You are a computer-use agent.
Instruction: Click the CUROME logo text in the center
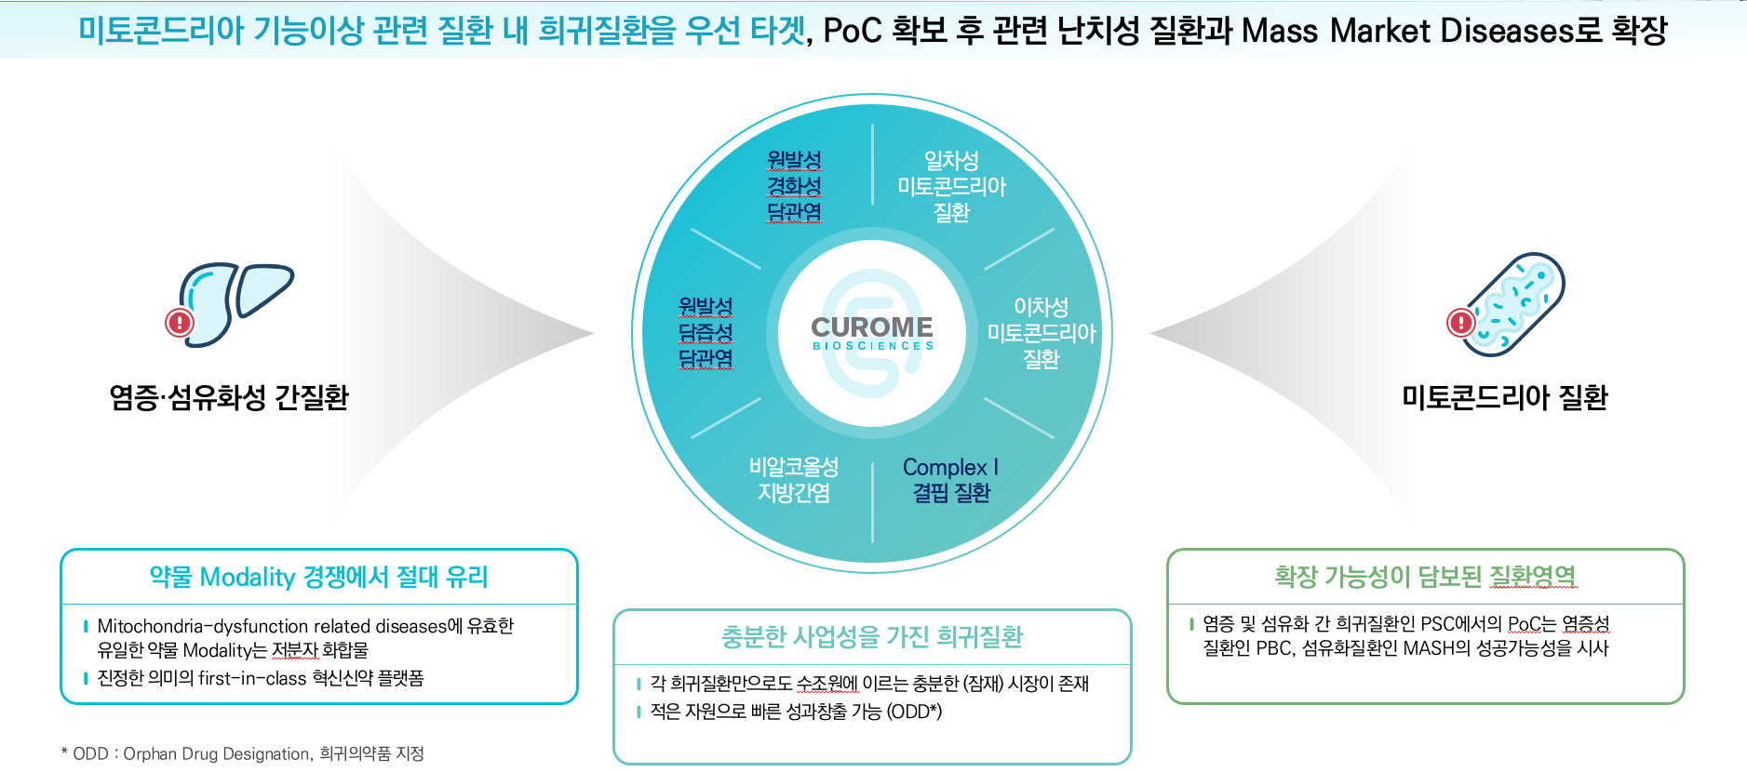tap(871, 327)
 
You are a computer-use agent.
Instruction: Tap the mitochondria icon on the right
tap(1514, 304)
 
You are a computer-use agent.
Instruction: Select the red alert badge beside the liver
tap(180, 323)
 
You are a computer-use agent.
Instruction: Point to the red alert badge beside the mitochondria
tap(1461, 323)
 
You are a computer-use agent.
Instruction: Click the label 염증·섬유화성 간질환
tap(229, 398)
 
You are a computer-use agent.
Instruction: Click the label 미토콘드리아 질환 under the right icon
tap(1505, 398)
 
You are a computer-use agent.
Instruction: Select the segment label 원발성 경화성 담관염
tap(794, 186)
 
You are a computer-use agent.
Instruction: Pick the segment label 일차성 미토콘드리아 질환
tap(951, 186)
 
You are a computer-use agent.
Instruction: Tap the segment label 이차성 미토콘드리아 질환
tap(1041, 332)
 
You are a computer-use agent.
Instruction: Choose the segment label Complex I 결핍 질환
tap(950, 480)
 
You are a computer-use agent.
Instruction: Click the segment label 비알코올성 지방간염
tap(794, 480)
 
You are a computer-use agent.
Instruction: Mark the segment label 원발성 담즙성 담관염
tap(706, 332)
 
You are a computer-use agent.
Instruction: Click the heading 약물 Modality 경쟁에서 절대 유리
tap(318, 578)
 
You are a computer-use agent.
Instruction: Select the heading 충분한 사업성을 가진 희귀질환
tap(872, 637)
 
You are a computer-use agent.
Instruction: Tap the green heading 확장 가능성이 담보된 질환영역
tap(1425, 577)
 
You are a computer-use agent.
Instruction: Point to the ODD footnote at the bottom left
tap(242, 753)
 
